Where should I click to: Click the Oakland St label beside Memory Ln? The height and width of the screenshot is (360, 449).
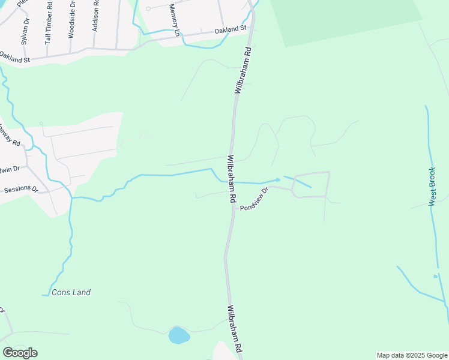pyautogui.click(x=231, y=29)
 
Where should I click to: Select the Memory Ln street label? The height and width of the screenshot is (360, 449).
pyautogui.click(x=174, y=20)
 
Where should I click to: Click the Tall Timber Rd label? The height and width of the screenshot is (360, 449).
pyautogui.click(x=49, y=23)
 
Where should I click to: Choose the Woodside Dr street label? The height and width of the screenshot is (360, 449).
pyautogui.click(x=71, y=20)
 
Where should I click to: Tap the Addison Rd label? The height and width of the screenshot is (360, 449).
pyautogui.click(x=95, y=17)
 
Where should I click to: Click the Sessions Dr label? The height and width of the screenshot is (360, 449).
pyautogui.click(x=20, y=190)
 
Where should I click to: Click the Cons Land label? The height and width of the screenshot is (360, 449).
pyautogui.click(x=71, y=292)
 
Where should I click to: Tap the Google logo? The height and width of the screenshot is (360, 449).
pyautogui.click(x=20, y=353)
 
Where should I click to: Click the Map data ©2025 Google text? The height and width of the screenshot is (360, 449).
pyautogui.click(x=412, y=355)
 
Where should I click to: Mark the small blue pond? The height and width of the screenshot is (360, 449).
pyautogui.click(x=179, y=335)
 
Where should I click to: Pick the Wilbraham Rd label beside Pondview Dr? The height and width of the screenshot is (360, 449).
pyautogui.click(x=231, y=181)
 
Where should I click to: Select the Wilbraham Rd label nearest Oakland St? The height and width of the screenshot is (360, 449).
pyautogui.click(x=243, y=71)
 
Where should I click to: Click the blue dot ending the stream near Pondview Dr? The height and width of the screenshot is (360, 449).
pyautogui.click(x=278, y=179)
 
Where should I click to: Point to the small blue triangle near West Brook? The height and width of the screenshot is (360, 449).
pyautogui.click(x=436, y=276)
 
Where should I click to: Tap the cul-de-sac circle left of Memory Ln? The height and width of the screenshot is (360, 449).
pyautogui.click(x=148, y=9)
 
